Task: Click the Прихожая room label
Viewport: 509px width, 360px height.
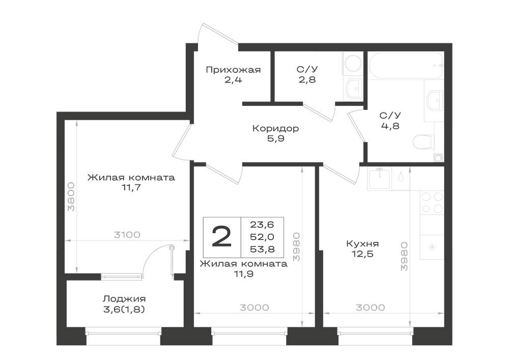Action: click(x=233, y=70)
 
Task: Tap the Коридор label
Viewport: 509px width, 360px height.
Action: click(x=275, y=128)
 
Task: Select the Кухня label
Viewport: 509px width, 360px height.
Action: click(x=362, y=243)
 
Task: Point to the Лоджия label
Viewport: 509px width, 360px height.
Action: click(x=124, y=299)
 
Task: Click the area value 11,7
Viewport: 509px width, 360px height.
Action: click(x=131, y=187)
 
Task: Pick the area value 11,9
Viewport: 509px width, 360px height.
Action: click(x=244, y=274)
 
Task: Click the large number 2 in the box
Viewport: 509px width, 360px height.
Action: click(x=222, y=237)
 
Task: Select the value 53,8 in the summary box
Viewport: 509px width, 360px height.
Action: click(x=262, y=249)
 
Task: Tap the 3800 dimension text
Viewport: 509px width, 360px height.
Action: click(x=71, y=197)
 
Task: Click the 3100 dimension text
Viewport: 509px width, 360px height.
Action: click(x=127, y=234)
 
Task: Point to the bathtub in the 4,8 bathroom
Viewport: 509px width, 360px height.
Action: click(x=406, y=65)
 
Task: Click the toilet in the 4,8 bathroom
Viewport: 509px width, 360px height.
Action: click(x=423, y=142)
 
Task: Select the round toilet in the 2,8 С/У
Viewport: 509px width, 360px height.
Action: click(x=353, y=64)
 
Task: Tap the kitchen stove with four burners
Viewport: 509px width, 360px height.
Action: click(x=432, y=203)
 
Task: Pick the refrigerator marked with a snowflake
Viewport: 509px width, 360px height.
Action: click(x=432, y=247)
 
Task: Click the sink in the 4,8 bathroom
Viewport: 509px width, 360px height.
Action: click(x=434, y=101)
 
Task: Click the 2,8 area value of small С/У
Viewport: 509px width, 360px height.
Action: click(x=307, y=79)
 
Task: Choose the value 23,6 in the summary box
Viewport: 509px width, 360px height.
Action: click(x=262, y=225)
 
